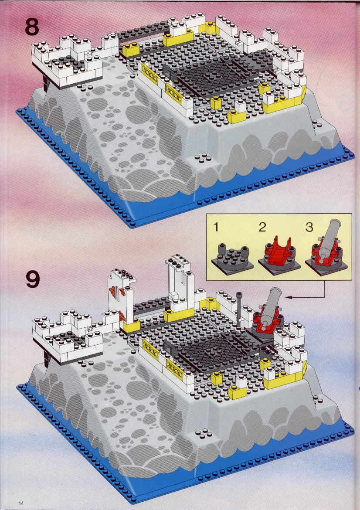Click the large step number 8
click(32, 27)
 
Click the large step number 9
click(33, 279)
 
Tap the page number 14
click(21, 503)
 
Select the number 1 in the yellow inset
click(216, 227)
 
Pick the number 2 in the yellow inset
click(262, 227)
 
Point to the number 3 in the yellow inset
click(309, 227)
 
